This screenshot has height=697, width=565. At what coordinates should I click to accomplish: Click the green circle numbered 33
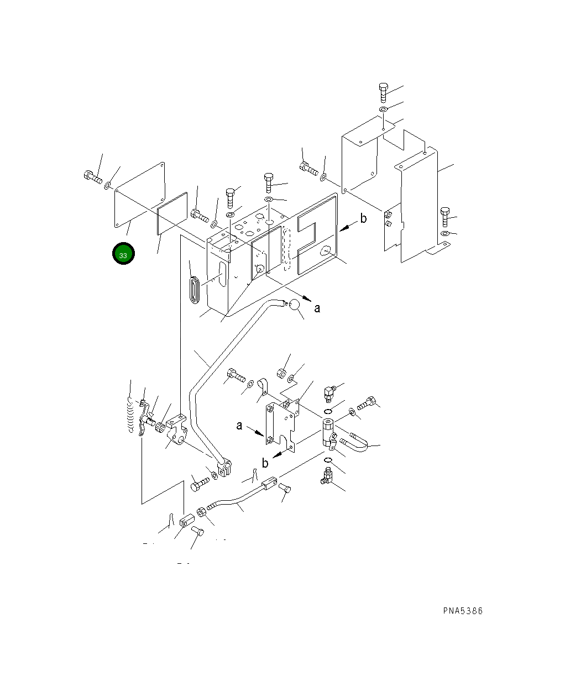[123, 253]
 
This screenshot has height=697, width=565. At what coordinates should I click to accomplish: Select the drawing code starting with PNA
[463, 611]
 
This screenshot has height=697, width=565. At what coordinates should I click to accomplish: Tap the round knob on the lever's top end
[294, 305]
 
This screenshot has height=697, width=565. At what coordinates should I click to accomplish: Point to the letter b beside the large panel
[363, 218]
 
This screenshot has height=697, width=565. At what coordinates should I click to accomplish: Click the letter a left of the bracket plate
[239, 426]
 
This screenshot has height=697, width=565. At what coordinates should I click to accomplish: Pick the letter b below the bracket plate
[265, 463]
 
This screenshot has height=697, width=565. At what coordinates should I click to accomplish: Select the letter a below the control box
[317, 308]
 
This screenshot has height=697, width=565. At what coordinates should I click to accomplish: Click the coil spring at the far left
[130, 415]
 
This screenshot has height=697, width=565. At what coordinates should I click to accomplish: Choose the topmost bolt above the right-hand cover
[383, 93]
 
